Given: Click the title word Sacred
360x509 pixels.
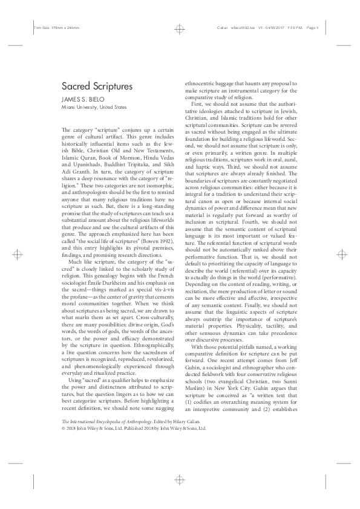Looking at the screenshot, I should click(x=76, y=86).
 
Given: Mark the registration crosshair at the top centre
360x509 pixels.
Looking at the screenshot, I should click(x=180, y=28).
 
